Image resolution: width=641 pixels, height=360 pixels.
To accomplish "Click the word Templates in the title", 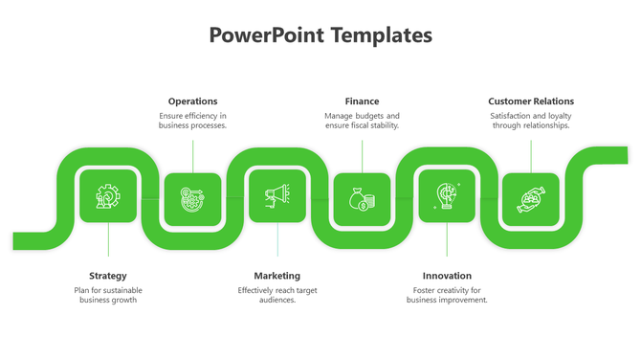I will click(381, 36).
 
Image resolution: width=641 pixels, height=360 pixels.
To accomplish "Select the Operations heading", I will click(192, 101).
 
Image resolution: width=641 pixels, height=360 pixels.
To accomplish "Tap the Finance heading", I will click(362, 101).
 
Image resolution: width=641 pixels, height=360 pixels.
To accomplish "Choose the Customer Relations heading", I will click(531, 101).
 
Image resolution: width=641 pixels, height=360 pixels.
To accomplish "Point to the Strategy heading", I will click(107, 275).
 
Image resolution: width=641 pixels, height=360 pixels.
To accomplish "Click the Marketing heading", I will click(276, 275).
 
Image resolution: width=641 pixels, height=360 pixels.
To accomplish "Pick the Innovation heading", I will click(447, 275).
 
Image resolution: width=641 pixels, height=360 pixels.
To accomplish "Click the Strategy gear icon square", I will click(107, 196).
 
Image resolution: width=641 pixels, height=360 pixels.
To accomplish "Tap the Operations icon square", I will click(192, 199).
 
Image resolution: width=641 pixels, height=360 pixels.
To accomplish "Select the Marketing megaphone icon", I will click(276, 196).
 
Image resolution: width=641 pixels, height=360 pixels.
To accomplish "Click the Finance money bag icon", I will click(362, 199).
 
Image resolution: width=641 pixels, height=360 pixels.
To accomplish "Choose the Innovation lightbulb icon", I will click(447, 196).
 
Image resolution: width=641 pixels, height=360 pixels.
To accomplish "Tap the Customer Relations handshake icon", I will click(531, 199).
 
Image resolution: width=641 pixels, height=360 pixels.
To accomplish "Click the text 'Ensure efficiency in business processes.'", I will click(192, 121).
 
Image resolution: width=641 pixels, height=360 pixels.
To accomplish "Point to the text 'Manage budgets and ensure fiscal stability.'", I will click(362, 121).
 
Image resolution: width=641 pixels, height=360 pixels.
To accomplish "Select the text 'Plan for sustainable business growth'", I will click(107, 295).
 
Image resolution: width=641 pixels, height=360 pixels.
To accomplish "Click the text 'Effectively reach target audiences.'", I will click(276, 295).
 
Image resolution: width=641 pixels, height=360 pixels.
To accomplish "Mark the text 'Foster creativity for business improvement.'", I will click(447, 295).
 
